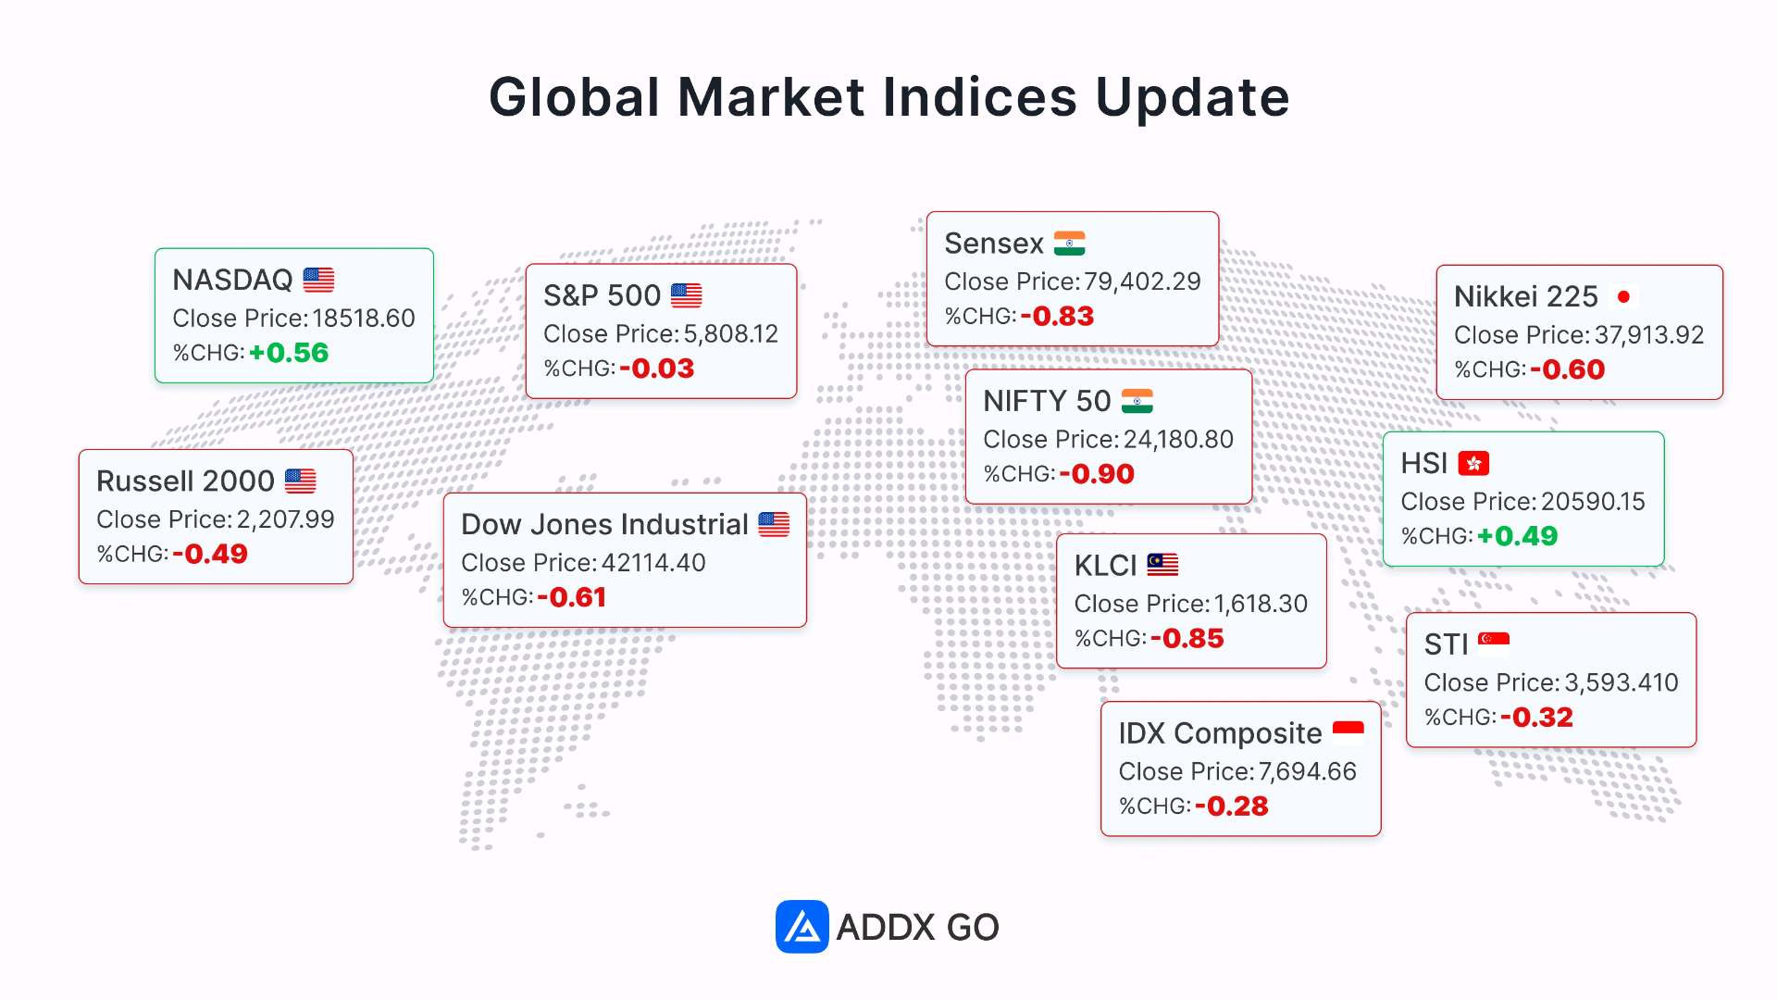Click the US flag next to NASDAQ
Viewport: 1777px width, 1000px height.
[318, 280]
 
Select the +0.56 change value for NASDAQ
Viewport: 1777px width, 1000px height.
[289, 353]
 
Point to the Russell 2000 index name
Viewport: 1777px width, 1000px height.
[185, 481]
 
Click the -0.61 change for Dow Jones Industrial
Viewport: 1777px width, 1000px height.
[571, 597]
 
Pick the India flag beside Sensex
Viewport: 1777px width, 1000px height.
[1069, 244]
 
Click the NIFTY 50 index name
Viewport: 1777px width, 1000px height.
[1047, 401]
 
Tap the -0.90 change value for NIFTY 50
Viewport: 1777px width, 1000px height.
[1097, 474]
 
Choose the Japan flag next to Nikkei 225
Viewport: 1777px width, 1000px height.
[1623, 296]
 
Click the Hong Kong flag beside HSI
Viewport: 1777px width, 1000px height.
[1473, 463]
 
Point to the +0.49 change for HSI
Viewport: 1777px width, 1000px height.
[1517, 536]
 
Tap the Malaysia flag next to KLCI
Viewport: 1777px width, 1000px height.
[1162, 565]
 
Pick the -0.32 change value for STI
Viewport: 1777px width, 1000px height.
[1536, 718]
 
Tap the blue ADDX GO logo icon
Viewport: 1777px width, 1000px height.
[802, 927]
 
